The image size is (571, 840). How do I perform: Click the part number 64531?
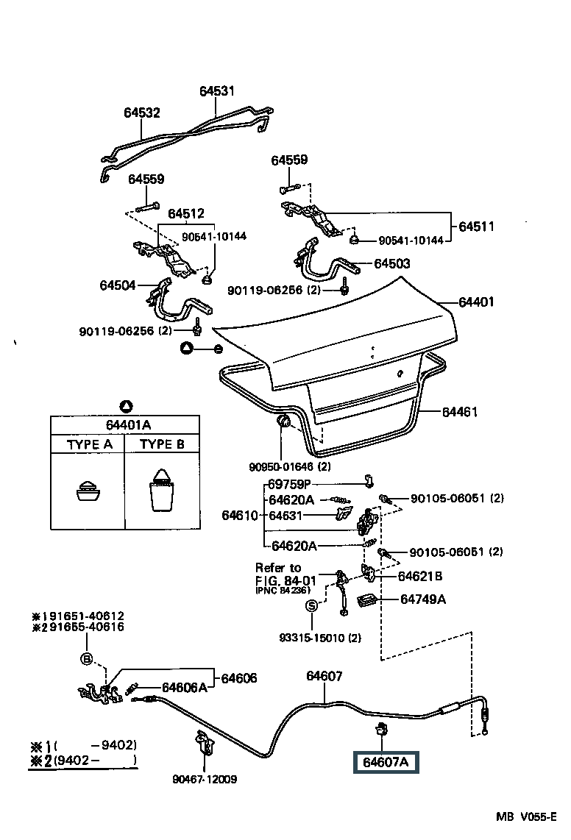point(216,91)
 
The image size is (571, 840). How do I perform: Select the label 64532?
point(141,113)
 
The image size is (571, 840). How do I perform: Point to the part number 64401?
point(476,302)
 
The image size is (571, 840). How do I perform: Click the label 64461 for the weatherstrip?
point(460,412)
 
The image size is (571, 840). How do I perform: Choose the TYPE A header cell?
point(90,444)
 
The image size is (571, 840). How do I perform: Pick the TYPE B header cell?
point(162,444)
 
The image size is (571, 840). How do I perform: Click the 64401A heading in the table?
point(126,424)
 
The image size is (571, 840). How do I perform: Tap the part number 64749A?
point(423,599)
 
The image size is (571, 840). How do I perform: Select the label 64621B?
point(420,576)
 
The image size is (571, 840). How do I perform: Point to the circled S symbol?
point(311,605)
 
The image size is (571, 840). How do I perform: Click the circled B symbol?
point(87,658)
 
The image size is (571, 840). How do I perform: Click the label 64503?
point(391,263)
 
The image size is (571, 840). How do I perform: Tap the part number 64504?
point(118,284)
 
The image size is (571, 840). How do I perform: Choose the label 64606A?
point(184,687)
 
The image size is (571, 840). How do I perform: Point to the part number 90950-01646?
point(280,466)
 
